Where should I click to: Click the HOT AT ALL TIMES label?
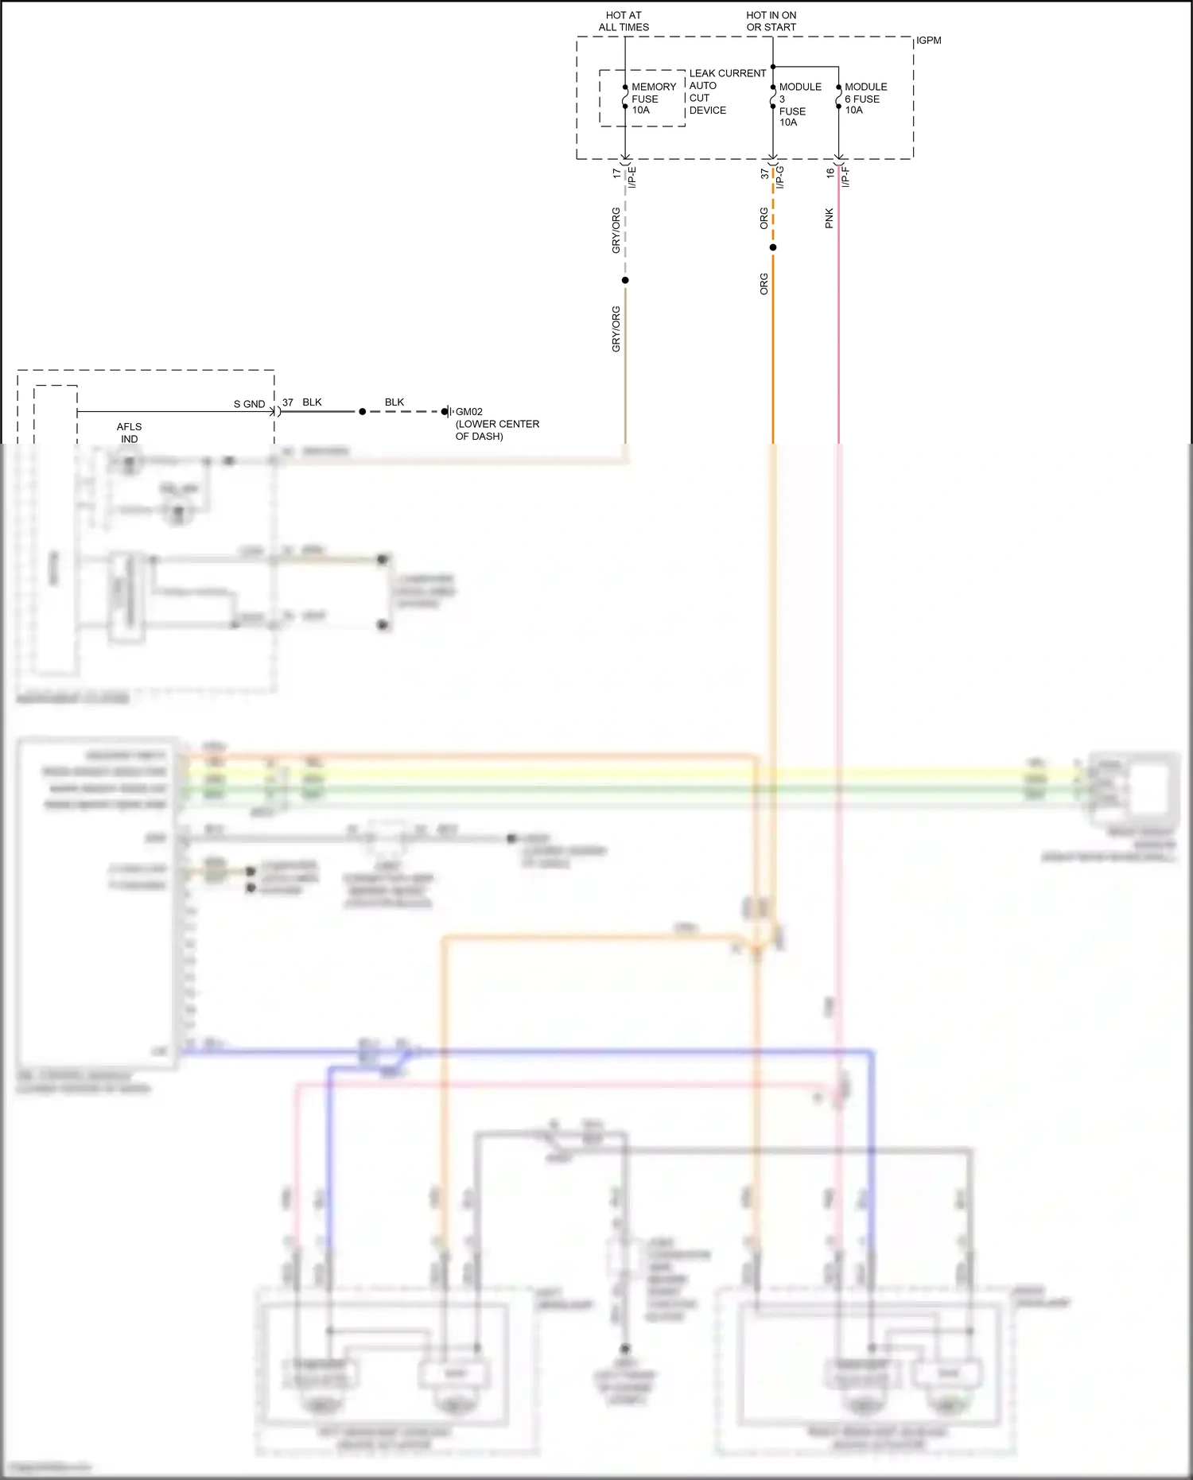click(x=624, y=21)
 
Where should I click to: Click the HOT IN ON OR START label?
click(x=771, y=21)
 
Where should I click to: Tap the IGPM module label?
click(x=928, y=41)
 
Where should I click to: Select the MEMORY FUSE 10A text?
click(x=653, y=99)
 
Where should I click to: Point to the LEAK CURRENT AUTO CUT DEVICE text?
click(x=727, y=91)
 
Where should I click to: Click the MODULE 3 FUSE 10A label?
click(x=799, y=104)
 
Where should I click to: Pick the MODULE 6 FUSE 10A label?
click(x=865, y=99)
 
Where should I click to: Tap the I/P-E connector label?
click(x=633, y=177)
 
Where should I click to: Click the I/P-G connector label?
click(x=780, y=177)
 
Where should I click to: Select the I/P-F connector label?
click(x=846, y=177)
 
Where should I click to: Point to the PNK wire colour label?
click(x=829, y=219)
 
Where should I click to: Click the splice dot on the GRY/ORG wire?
click(x=625, y=280)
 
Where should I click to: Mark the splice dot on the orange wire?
click(x=772, y=247)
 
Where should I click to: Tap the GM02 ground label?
click(x=468, y=412)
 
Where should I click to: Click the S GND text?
click(x=249, y=404)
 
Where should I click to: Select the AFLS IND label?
click(x=129, y=433)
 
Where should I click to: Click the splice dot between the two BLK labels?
click(x=362, y=412)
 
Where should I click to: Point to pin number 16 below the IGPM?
click(x=830, y=173)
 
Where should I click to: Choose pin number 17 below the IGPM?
click(x=616, y=173)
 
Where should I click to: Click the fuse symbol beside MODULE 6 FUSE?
click(x=838, y=97)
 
